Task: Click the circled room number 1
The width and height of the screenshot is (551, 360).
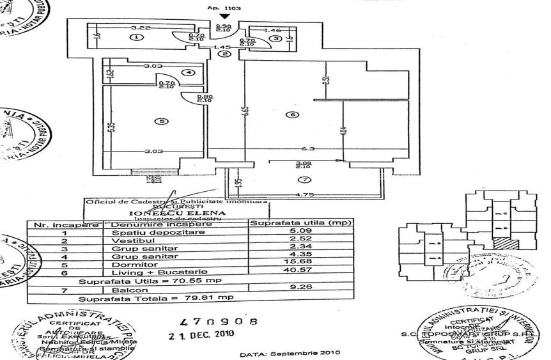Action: click(136, 38)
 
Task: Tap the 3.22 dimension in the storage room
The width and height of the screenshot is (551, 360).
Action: click(140, 29)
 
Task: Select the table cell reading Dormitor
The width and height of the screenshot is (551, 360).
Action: click(127, 265)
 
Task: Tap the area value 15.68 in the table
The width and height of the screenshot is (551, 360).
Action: click(292, 265)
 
